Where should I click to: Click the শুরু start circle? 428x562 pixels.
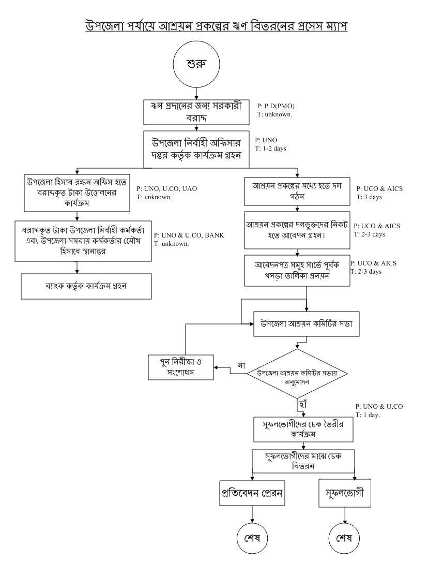pos(196,64)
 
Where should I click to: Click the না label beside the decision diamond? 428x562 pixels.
pos(241,365)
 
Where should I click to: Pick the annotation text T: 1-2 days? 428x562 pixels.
pos(270,149)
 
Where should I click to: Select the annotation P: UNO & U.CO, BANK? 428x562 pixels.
pos(189,235)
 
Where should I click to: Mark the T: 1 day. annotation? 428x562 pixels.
pos(368,415)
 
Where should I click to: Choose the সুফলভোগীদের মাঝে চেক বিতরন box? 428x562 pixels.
pos(303,460)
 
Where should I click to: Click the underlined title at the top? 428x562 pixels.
pos(216,25)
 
